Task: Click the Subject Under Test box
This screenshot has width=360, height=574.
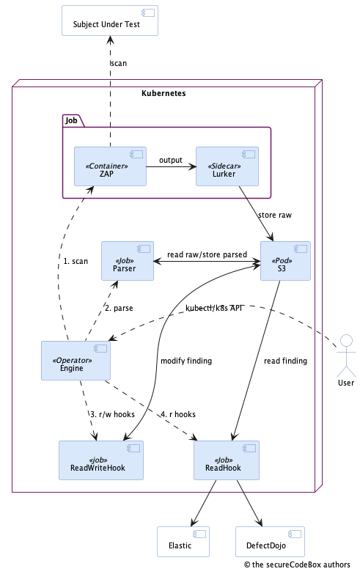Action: pyautogui.click(x=110, y=21)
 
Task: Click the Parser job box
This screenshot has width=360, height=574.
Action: pyautogui.click(x=128, y=261)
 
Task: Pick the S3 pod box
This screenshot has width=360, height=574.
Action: pyautogui.click(x=285, y=261)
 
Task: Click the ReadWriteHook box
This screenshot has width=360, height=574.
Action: pyautogui.click(x=101, y=461)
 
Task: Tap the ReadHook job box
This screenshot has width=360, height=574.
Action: pyautogui.click(x=224, y=461)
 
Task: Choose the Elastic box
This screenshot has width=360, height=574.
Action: pyautogui.click(x=183, y=545)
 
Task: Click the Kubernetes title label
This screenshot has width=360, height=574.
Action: pyautogui.click(x=163, y=94)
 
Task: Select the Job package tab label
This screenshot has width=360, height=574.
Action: pyautogui.click(x=71, y=119)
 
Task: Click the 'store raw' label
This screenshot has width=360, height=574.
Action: pyautogui.click(x=276, y=215)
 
